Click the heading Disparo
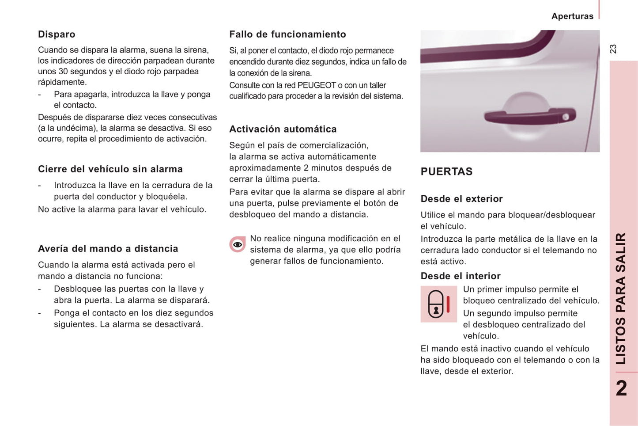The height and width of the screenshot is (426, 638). [x=57, y=34]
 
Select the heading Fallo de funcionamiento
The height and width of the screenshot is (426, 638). [x=287, y=34]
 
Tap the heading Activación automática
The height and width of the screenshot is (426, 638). [x=283, y=129]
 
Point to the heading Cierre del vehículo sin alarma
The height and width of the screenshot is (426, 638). [x=110, y=169]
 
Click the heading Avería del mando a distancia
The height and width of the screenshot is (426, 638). [x=108, y=248]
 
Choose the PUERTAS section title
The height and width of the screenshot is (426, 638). [x=446, y=171]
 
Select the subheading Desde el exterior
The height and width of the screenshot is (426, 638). [x=461, y=199]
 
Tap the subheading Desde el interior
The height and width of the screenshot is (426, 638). [x=461, y=276]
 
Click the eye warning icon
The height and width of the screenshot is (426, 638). [x=238, y=244]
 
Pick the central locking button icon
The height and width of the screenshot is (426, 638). [x=438, y=304]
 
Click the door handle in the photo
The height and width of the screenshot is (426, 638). [x=529, y=115]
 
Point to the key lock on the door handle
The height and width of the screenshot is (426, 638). [x=566, y=117]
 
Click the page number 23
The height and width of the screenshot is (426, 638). [x=613, y=49]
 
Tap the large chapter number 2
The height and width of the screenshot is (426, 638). [x=621, y=388]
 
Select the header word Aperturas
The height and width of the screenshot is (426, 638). [x=572, y=16]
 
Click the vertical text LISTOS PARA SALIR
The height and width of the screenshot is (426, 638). [x=621, y=298]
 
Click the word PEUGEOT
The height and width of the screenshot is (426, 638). [x=316, y=85]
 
